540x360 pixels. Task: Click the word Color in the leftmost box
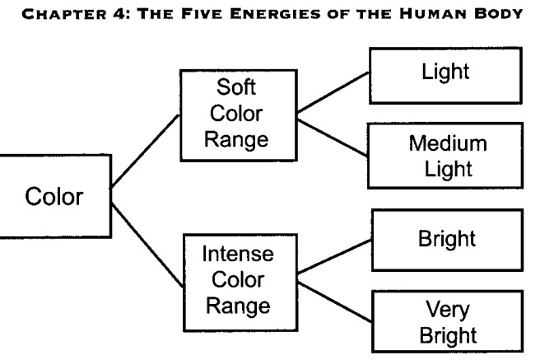pyautogui.click(x=54, y=196)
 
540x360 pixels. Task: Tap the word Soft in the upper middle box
pyautogui.click(x=236, y=86)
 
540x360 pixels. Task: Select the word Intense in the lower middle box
pyautogui.click(x=238, y=254)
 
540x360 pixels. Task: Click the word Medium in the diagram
pyautogui.click(x=448, y=143)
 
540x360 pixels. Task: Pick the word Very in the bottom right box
pyautogui.click(x=448, y=310)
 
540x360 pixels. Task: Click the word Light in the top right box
pyautogui.click(x=445, y=72)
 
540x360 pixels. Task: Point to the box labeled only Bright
pyautogui.click(x=447, y=240)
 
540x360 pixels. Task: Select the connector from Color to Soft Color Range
pyautogui.click(x=146, y=152)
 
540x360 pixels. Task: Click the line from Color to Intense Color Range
pyautogui.click(x=147, y=245)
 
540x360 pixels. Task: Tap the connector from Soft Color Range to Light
pyautogui.click(x=333, y=92)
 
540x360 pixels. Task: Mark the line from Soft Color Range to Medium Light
pyautogui.click(x=332, y=138)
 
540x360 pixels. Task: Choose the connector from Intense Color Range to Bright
pyautogui.click(x=334, y=257)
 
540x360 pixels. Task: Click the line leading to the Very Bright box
pyautogui.click(x=334, y=302)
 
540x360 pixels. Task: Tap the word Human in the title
pyautogui.click(x=434, y=14)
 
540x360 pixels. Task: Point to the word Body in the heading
pyautogui.click(x=499, y=14)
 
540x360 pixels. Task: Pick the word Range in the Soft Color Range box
pyautogui.click(x=236, y=139)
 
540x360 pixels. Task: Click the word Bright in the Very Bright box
pyautogui.click(x=448, y=335)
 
